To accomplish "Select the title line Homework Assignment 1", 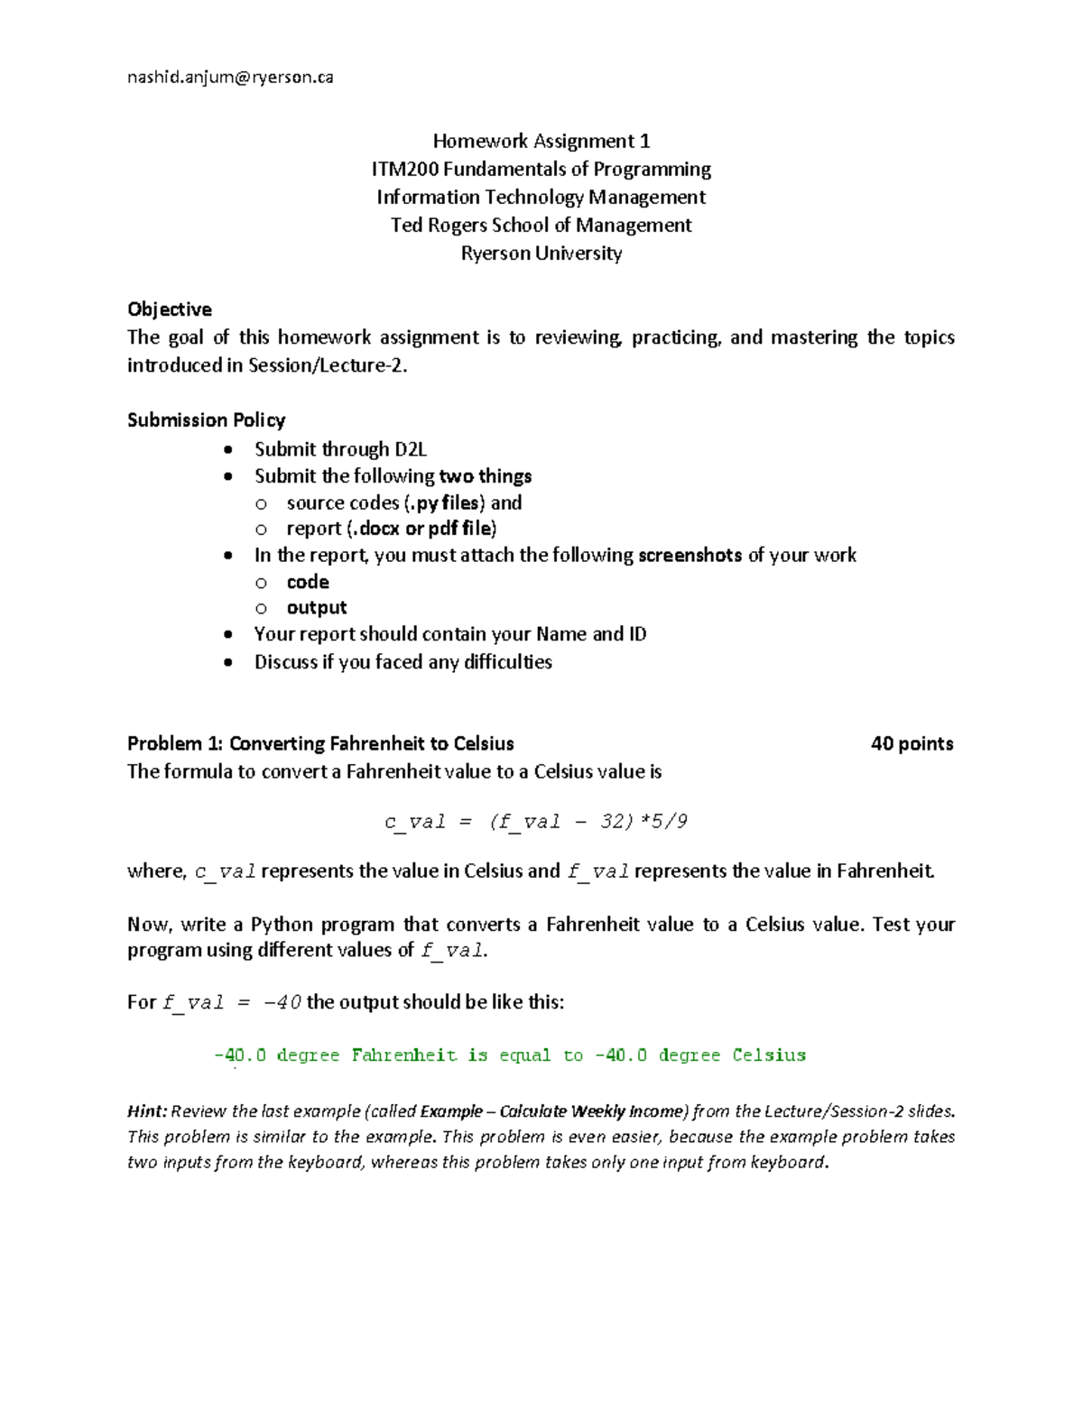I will [541, 141].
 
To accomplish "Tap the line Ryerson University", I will [541, 253].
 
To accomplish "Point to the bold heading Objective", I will [170, 309].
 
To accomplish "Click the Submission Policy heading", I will [207, 419].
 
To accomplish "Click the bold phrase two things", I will [485, 475].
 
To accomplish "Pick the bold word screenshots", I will [690, 555].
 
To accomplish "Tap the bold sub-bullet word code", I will [308, 582].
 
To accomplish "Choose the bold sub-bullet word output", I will [317, 607].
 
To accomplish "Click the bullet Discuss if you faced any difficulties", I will [403, 661].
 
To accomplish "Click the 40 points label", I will [912, 743].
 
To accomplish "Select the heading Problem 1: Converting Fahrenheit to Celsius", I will [320, 743].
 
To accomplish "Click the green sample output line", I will [510, 1055].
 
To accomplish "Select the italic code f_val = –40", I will [232, 1003].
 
